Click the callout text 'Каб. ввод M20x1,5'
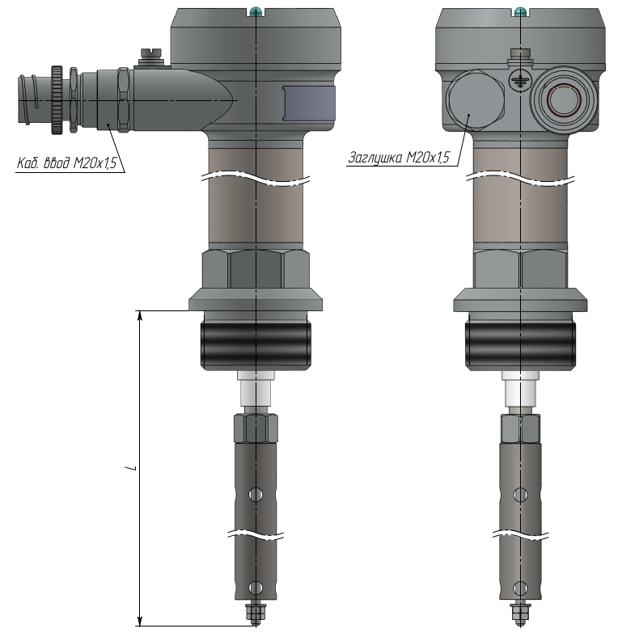[x=66, y=162]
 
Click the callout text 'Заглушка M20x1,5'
[x=400, y=157]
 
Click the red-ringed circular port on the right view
[x=564, y=100]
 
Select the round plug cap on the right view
[x=476, y=100]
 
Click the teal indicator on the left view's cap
[x=256, y=11]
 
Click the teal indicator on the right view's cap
[x=520, y=11]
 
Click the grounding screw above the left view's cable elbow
[x=150, y=57]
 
